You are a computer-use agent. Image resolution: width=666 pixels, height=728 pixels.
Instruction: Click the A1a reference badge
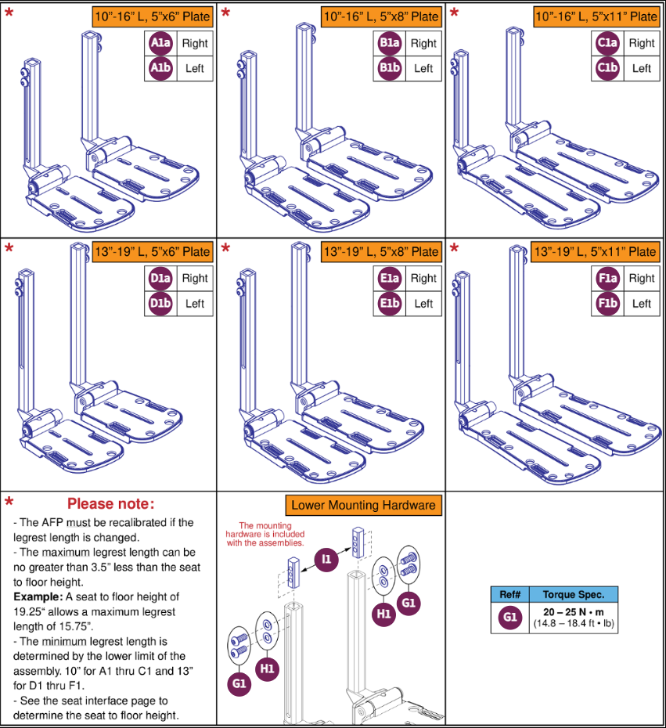pos(160,44)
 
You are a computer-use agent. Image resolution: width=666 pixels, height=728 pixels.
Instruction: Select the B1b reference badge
pos(389,68)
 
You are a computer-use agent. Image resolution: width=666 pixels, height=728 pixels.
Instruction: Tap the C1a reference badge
pos(607,44)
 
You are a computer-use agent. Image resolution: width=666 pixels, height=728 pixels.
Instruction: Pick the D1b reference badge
pos(160,303)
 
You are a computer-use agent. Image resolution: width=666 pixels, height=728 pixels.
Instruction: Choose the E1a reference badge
pos(389,278)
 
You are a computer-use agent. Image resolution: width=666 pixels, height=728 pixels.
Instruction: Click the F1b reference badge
pos(607,303)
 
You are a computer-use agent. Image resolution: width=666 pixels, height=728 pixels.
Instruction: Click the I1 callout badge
pos(326,558)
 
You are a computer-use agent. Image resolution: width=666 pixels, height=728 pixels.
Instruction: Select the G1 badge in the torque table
pos(510,618)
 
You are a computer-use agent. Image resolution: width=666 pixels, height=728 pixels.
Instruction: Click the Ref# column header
pos(510,594)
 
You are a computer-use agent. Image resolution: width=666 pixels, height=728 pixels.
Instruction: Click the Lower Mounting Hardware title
pos(363,505)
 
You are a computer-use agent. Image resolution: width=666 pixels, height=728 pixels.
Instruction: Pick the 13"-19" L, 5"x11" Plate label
pos(594,251)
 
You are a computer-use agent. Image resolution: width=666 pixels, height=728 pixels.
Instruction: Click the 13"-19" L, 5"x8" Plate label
pos(380,251)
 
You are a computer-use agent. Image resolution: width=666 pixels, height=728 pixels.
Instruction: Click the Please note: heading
pos(110,503)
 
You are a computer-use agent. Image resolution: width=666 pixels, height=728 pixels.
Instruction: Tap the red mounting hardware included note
pos(265,534)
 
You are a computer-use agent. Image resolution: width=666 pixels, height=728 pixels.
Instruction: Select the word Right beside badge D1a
pos(195,278)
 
